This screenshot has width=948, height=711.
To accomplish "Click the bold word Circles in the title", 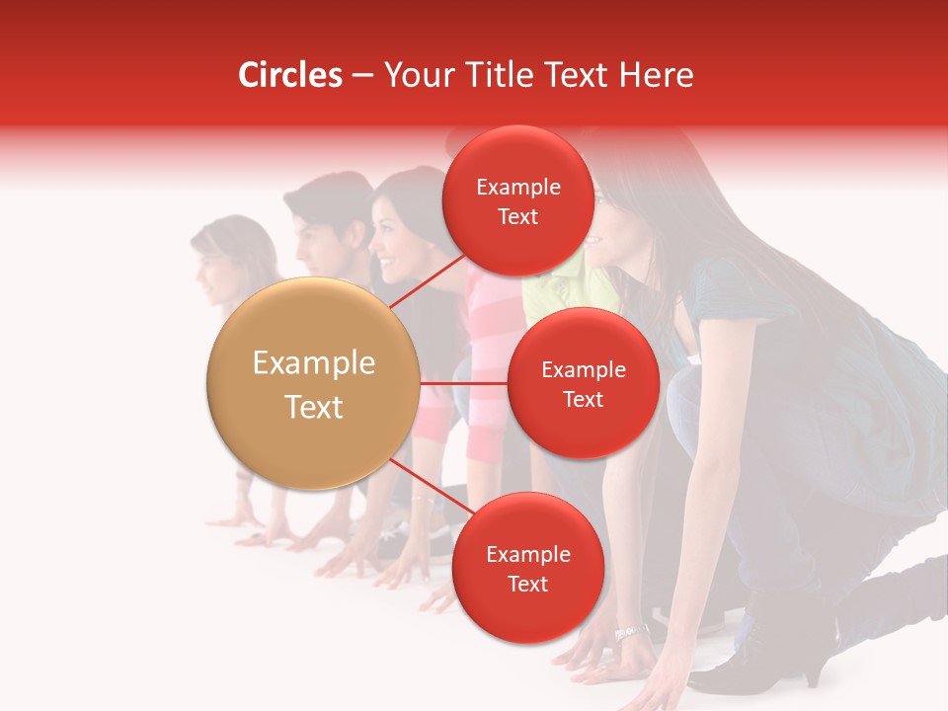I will click(x=289, y=75).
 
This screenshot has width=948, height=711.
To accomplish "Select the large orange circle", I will click(x=313, y=383).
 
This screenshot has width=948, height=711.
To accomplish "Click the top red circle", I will click(x=517, y=200).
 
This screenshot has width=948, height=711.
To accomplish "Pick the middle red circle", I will click(x=583, y=383).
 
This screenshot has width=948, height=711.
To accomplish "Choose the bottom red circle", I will click(x=527, y=568).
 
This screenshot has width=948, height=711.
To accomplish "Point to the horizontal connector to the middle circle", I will click(x=464, y=383).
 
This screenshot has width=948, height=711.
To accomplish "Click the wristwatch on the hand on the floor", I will click(x=630, y=632).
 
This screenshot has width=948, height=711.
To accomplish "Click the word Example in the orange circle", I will click(x=313, y=363).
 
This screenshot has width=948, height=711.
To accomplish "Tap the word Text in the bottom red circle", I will click(x=527, y=584).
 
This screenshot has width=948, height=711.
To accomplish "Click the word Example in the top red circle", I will click(x=517, y=187).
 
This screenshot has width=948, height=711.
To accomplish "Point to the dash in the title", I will click(x=362, y=76).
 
